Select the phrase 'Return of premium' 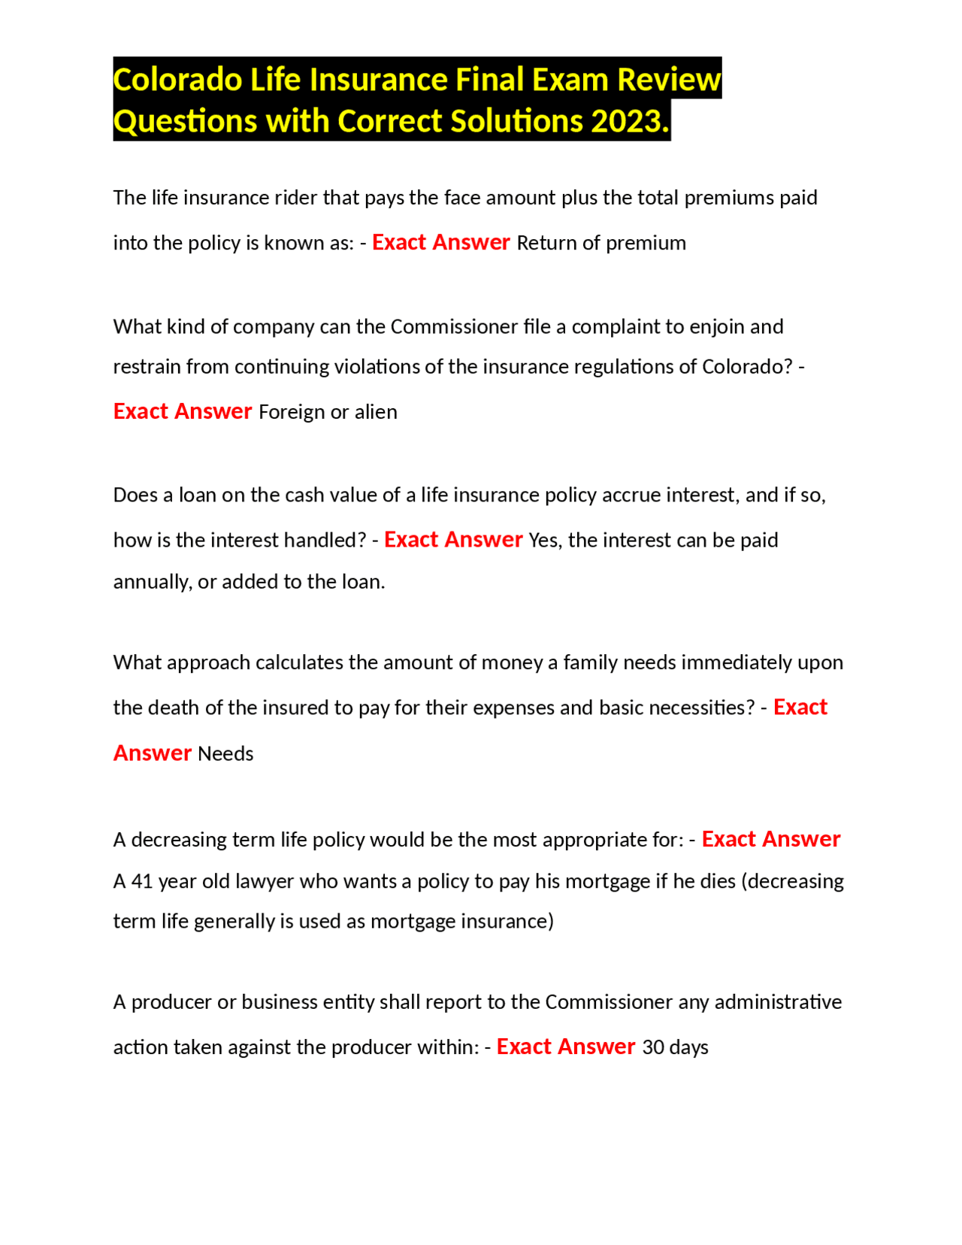(x=601, y=243)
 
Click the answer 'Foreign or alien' (x=328, y=412)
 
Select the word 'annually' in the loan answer (x=151, y=582)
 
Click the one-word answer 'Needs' (x=225, y=754)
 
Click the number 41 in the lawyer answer (x=142, y=881)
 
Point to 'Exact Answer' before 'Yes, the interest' (x=453, y=540)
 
